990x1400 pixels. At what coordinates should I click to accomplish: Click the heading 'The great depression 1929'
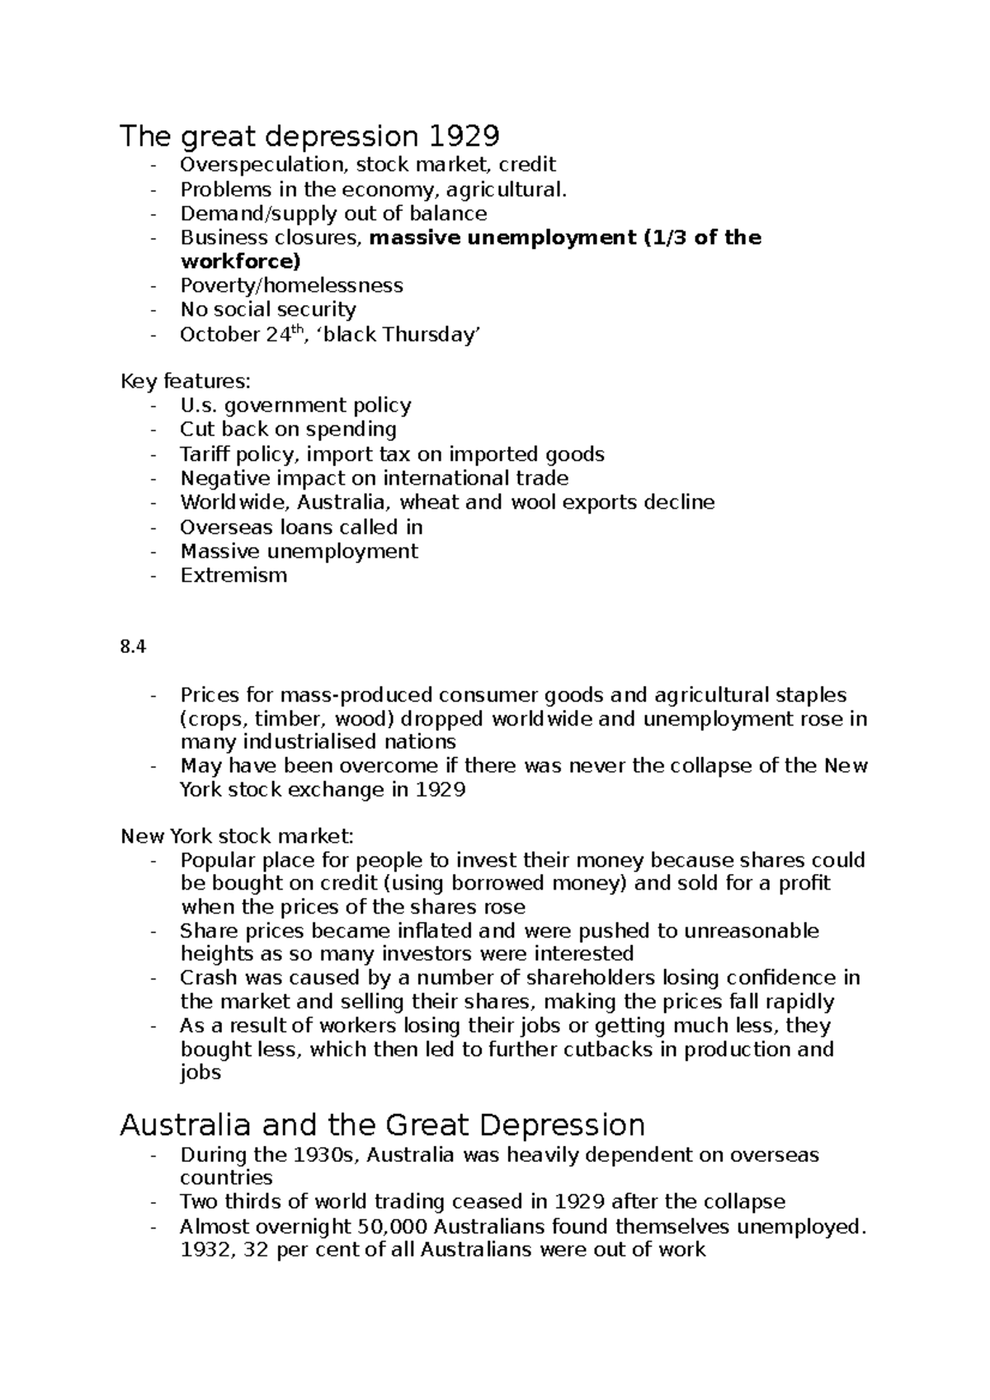pyautogui.click(x=309, y=135)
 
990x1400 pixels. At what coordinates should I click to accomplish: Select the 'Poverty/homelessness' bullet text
pyautogui.click(x=291, y=285)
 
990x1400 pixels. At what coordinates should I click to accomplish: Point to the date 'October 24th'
pyautogui.click(x=239, y=334)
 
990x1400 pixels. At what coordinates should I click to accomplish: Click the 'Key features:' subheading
pyautogui.click(x=185, y=382)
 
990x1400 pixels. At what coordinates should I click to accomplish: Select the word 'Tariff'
pyautogui.click(x=205, y=454)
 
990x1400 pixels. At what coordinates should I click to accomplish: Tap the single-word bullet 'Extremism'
pyautogui.click(x=233, y=575)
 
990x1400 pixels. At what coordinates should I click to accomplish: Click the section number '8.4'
pyautogui.click(x=133, y=647)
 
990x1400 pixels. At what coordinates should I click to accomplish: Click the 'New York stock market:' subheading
pyautogui.click(x=237, y=837)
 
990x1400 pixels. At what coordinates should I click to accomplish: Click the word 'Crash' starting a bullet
pyautogui.click(x=206, y=978)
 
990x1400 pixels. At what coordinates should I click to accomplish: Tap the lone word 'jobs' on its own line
pyautogui.click(x=200, y=1073)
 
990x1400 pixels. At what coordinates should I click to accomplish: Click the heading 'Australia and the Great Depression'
pyautogui.click(x=382, y=1125)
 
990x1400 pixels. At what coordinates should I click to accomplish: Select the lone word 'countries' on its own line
pyautogui.click(x=226, y=1177)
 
